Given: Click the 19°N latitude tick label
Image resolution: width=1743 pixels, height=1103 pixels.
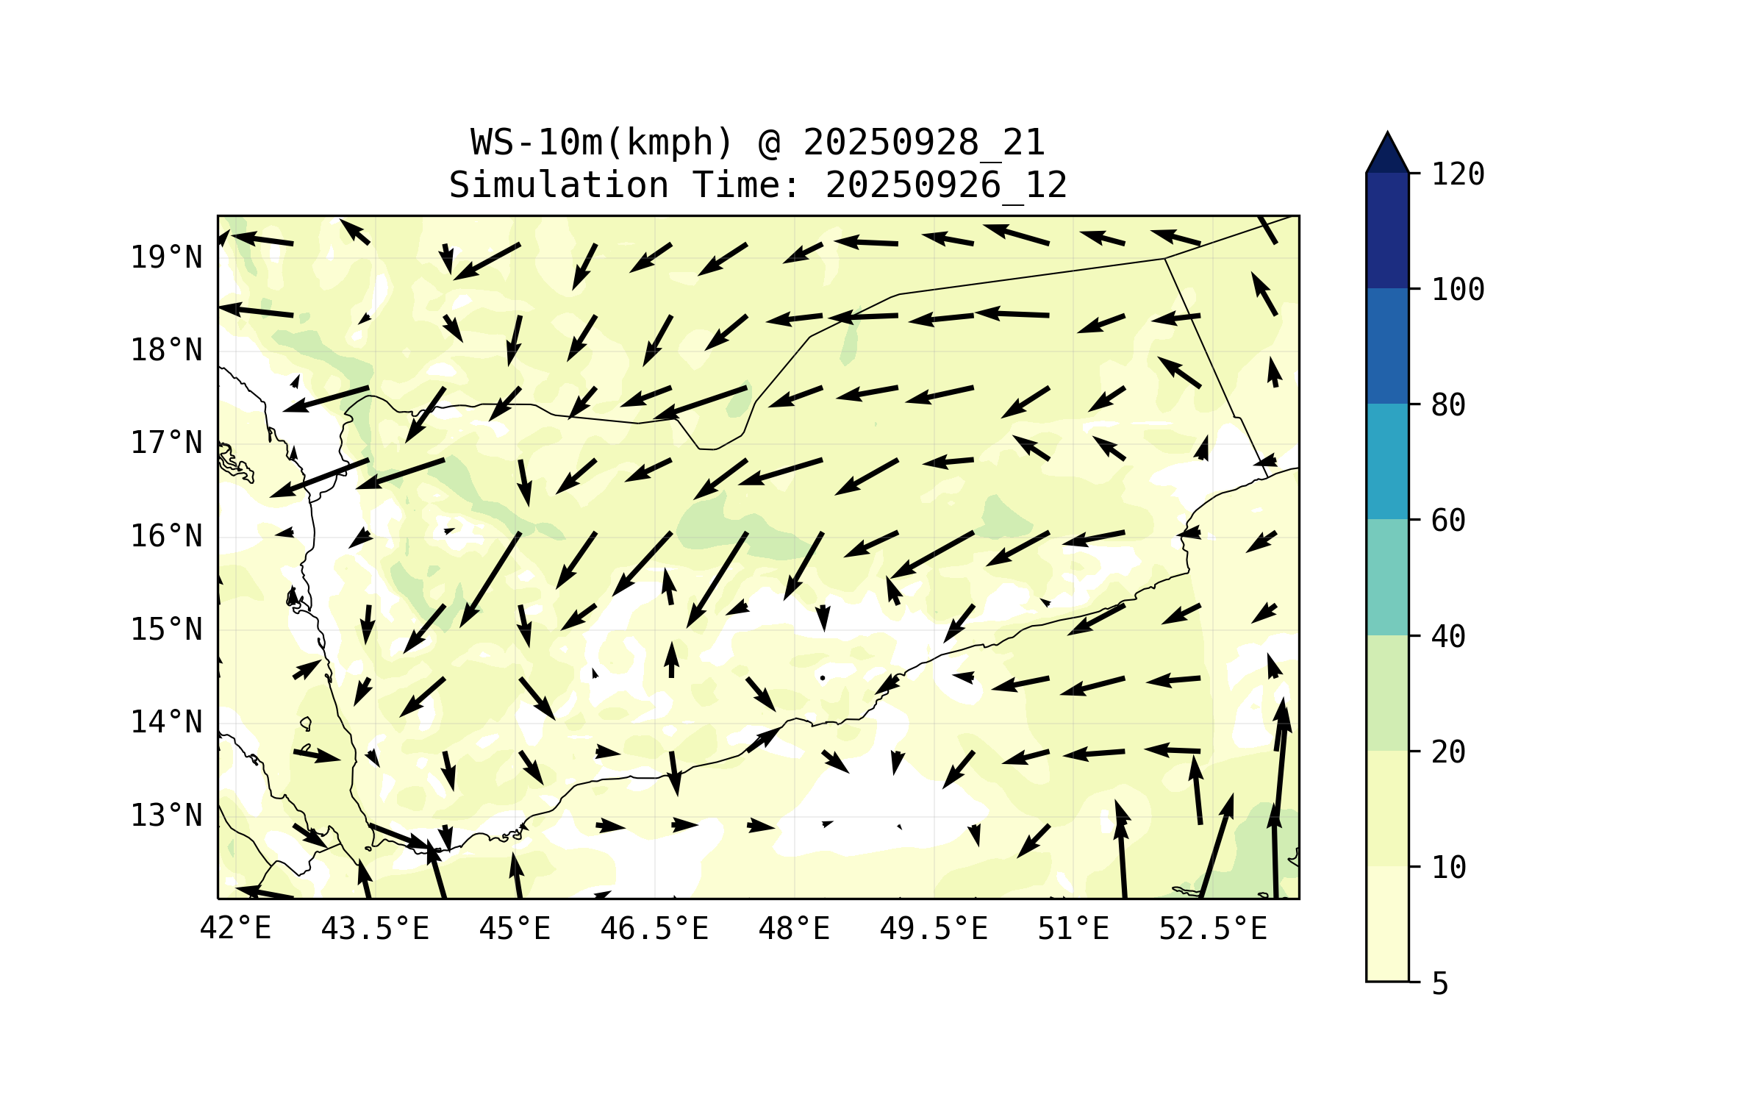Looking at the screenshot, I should coord(166,257).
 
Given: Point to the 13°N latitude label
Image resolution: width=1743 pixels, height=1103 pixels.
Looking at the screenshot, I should coord(166,815).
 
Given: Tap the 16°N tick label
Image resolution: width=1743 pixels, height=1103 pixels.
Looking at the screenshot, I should coord(166,536).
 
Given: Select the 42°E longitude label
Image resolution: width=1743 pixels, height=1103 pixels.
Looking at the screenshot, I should coord(235,929).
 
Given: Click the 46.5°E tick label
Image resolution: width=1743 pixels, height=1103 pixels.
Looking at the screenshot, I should coord(654,929).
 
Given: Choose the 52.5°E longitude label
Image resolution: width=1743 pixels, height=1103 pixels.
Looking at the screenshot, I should coord(1213,929).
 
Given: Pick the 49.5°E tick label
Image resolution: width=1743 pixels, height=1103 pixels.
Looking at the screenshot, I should coord(934,929).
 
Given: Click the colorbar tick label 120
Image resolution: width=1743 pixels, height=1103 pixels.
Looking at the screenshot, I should coord(1458,174).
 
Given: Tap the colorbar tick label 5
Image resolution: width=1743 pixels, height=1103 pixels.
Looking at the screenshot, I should coord(1440,984).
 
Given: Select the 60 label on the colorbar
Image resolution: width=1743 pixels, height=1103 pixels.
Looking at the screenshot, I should coord(1448,521).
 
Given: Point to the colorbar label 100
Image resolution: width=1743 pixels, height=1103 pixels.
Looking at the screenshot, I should coord(1458,290).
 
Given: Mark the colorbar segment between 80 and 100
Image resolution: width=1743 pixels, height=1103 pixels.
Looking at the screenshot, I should coord(1387,346).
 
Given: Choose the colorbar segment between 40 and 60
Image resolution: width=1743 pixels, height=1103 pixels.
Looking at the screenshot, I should coord(1387,577).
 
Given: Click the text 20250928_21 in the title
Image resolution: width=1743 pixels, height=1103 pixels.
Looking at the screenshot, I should coord(923,143).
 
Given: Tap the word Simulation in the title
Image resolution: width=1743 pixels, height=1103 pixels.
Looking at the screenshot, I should coord(559,185).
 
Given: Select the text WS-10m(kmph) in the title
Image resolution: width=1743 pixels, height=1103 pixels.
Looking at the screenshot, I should coord(602,143).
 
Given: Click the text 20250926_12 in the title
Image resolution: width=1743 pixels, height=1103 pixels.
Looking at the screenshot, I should coord(946,185).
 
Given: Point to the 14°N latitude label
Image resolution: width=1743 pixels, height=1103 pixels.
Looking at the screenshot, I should coord(166,722).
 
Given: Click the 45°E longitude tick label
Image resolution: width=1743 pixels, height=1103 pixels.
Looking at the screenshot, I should coord(515,929).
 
